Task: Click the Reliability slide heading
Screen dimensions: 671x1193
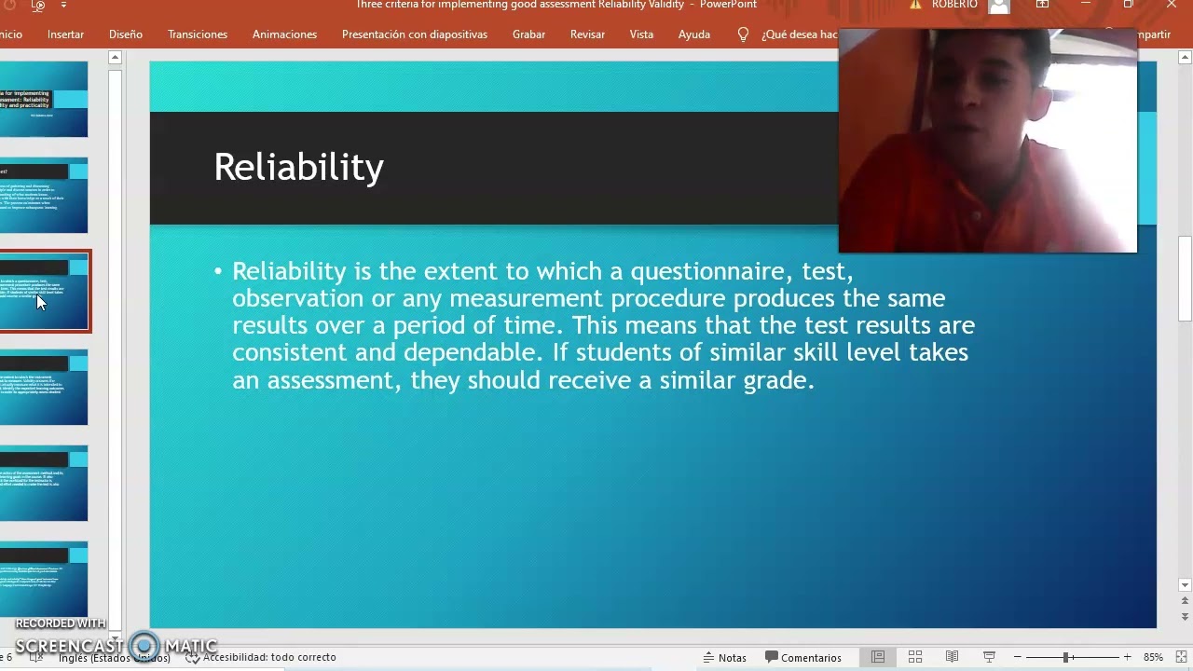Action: pyautogui.click(x=298, y=168)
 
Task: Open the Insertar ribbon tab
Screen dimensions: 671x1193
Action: pyautogui.click(x=65, y=34)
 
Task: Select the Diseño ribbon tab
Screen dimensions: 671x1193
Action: pyautogui.click(x=125, y=34)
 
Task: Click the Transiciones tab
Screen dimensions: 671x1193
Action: pyautogui.click(x=198, y=34)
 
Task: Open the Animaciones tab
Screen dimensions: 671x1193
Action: pyautogui.click(x=284, y=34)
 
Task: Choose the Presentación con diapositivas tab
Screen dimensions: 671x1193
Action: pyautogui.click(x=414, y=34)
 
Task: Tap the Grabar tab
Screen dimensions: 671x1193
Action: pyautogui.click(x=528, y=34)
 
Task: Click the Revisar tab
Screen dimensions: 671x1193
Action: pyautogui.click(x=587, y=34)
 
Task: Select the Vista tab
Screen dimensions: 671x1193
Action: pyautogui.click(x=641, y=34)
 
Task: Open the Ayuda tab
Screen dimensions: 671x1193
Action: pyautogui.click(x=693, y=34)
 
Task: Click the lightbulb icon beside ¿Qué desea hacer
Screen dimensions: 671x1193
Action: pyautogui.click(x=743, y=34)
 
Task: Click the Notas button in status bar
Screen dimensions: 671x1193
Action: pyautogui.click(x=724, y=657)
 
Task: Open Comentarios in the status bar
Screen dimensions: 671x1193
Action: pyautogui.click(x=802, y=657)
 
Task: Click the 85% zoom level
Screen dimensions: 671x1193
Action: pyautogui.click(x=1153, y=657)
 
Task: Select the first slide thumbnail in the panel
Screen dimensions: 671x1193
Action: pyautogui.click(x=44, y=100)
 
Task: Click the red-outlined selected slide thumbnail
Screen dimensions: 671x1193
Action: pyautogui.click(x=44, y=291)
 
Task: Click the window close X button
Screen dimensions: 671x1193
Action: pyautogui.click(x=1171, y=5)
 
